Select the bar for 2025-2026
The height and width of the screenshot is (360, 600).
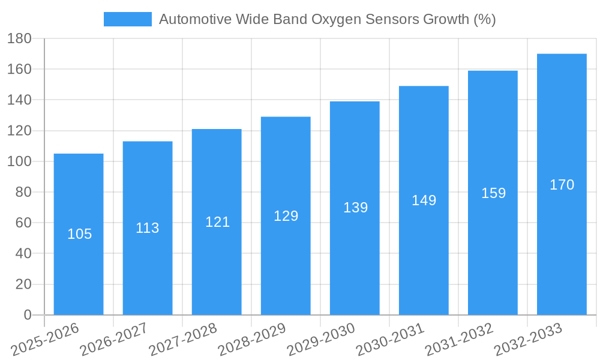pos(79,234)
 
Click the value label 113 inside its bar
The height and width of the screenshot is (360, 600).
pos(148,228)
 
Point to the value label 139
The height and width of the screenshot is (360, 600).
pos(355,208)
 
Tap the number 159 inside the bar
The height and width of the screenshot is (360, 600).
pos(493,193)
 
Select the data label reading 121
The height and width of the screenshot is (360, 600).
pos(217,222)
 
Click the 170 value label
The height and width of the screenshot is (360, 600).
pos(562,185)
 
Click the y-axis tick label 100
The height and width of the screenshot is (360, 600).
pos(19,161)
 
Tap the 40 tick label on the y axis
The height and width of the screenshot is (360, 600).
pos(23,254)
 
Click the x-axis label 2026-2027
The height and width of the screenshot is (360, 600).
pos(114,339)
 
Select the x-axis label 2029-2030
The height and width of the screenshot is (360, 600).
pos(321,339)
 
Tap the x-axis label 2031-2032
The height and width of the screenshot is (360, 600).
pos(459,339)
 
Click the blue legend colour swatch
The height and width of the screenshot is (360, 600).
pos(127,19)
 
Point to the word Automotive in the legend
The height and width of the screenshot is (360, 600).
pos(195,19)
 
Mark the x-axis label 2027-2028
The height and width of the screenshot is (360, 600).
pos(183,339)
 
